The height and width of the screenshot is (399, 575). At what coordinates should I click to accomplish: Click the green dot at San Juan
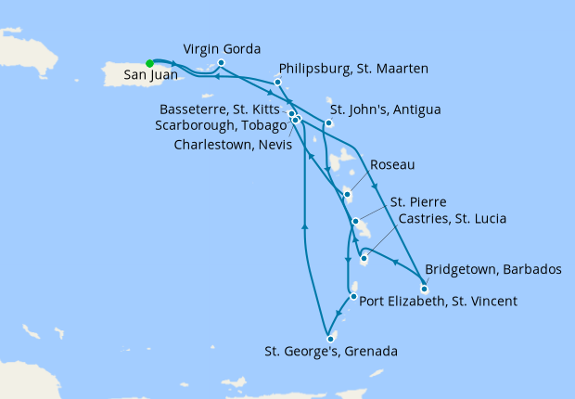149,63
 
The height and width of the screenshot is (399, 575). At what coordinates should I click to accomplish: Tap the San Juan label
144,79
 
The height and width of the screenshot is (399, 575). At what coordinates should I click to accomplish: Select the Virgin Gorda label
222,47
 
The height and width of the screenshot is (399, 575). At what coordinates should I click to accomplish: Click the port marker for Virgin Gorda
220,63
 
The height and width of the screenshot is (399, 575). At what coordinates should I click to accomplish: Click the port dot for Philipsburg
277,82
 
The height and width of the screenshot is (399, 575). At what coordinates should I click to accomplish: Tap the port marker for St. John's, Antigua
328,122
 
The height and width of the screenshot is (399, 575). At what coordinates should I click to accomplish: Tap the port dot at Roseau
347,195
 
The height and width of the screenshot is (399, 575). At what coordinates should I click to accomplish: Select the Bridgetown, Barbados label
492,270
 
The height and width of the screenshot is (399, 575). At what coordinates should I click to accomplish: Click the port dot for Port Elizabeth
353,298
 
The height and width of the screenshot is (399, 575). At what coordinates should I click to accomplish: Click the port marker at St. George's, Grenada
330,338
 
